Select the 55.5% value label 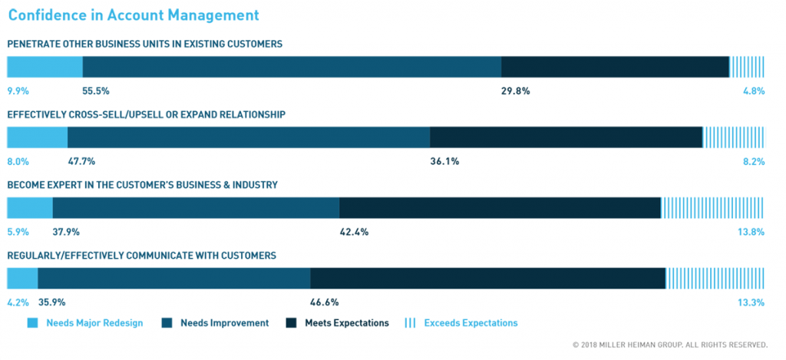pos(96,91)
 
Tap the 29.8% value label pos(515,91)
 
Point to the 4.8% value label pos(754,91)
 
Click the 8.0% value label pos(18,161)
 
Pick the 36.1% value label pos(444,161)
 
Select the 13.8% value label pos(751,232)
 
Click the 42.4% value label pos(354,232)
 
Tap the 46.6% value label pos(325,302)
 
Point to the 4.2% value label pos(18,302)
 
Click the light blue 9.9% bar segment pos(45,67)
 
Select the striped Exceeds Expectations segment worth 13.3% pos(715,279)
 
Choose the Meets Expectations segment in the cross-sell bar pos(566,137)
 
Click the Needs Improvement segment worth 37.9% pos(196,208)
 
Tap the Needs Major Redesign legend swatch pos(32,323)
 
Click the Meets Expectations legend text pos(347,323)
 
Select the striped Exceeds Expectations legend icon pos(410,323)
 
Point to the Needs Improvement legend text pos(224,323)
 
